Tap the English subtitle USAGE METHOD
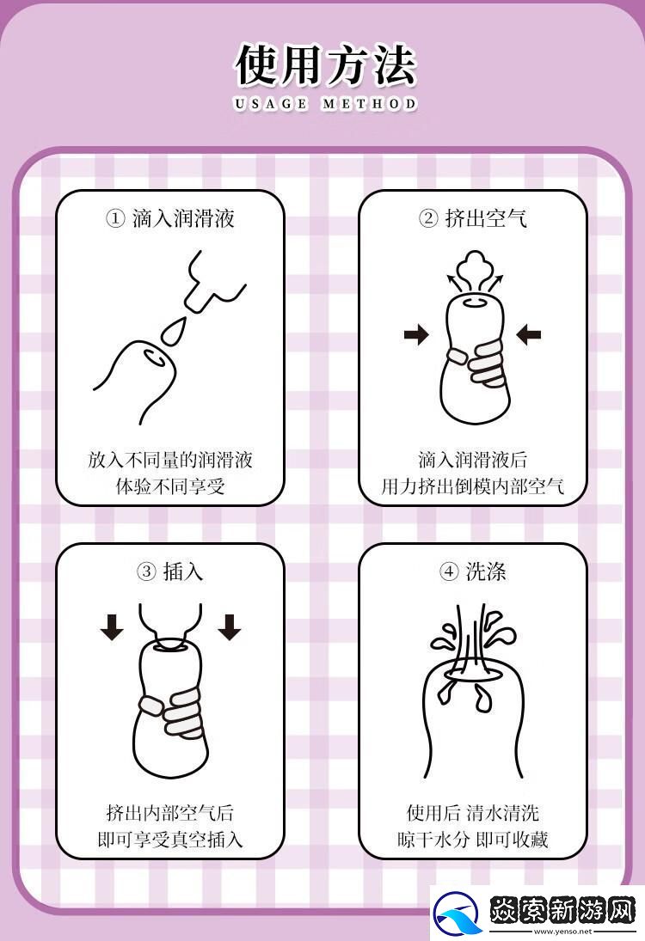[325, 104]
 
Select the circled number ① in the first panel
[115, 218]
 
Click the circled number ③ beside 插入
[146, 571]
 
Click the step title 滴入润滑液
[183, 218]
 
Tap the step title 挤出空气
[486, 218]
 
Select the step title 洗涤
[485, 571]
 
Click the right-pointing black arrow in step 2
[416, 334]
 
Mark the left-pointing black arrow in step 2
[529, 334]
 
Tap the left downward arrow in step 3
[112, 627]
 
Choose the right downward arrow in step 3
[229, 627]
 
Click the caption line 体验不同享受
[170, 486]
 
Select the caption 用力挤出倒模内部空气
[473, 486]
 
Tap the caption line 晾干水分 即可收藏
[473, 839]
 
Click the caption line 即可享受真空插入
[170, 839]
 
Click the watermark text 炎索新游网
[562, 908]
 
